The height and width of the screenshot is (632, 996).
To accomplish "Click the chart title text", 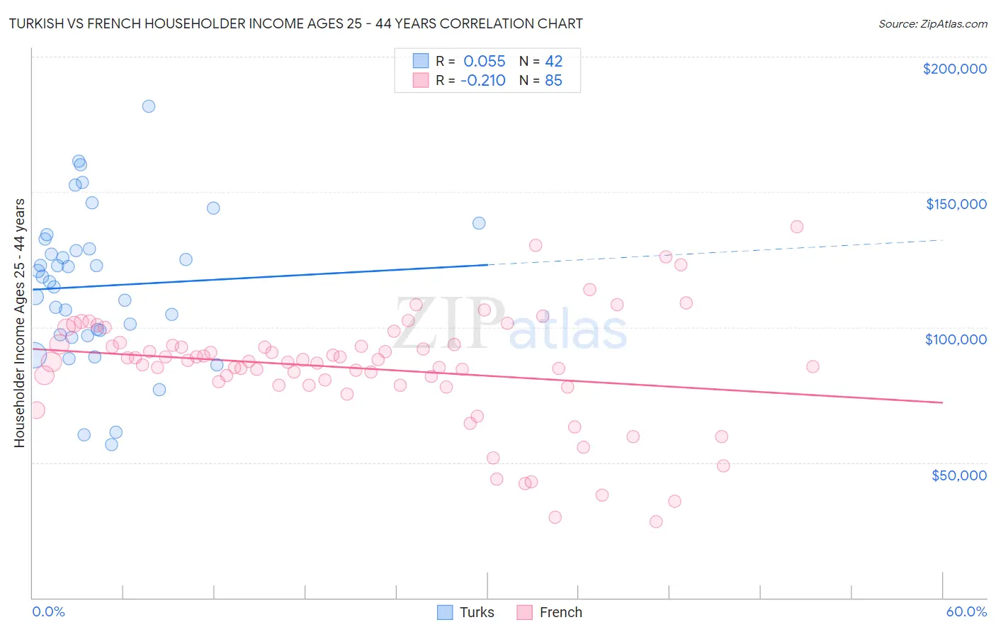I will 296,23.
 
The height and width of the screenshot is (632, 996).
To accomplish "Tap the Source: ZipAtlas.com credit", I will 932,23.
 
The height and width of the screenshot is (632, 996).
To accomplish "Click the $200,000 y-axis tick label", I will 954,69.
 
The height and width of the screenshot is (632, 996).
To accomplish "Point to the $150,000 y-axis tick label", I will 956,204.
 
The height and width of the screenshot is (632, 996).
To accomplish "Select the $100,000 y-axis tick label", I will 956,339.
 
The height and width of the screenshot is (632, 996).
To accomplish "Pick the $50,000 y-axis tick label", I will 958,475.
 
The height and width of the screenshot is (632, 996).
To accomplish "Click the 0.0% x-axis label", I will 48,611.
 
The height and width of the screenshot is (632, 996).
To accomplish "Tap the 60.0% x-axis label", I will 966,611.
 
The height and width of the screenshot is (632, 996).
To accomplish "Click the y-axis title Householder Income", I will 19,322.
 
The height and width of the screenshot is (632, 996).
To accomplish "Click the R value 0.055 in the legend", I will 484,61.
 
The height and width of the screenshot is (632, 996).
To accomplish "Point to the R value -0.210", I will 482,80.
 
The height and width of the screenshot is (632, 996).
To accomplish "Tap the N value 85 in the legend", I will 553,80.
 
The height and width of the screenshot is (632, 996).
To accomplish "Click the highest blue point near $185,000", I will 149,106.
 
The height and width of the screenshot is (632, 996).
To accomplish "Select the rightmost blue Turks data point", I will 479,223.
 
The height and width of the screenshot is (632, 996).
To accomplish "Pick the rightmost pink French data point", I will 813,366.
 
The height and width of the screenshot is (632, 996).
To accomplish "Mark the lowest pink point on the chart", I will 656,521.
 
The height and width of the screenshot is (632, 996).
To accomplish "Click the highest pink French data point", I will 797,227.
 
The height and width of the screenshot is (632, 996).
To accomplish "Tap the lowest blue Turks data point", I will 111,444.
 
